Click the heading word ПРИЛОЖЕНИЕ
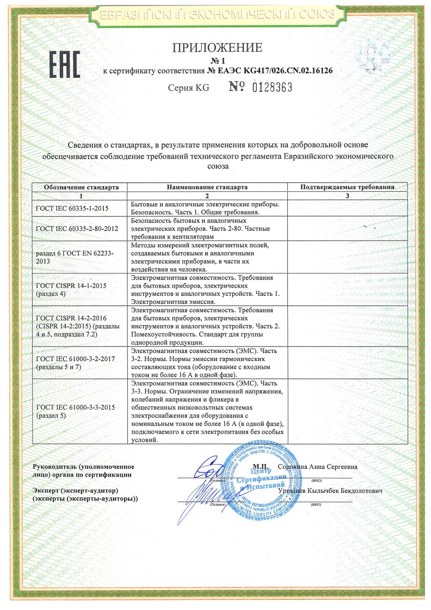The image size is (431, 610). point(217,48)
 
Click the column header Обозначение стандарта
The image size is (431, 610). point(81,187)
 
